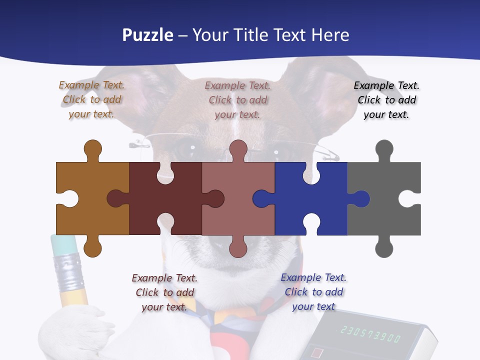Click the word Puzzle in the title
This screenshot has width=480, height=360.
point(148,35)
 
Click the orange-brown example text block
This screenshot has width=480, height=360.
point(91,99)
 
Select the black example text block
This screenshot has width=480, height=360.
point(386,100)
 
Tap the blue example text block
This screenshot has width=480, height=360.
point(313,292)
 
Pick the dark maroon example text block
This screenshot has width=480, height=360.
point(164,292)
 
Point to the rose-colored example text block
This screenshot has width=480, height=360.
point(237,100)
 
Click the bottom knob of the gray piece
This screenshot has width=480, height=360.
point(384,247)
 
